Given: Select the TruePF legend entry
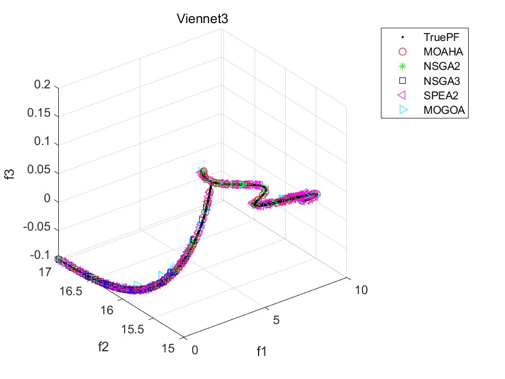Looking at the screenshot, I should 436,36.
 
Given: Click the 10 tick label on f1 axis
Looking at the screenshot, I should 360,290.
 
